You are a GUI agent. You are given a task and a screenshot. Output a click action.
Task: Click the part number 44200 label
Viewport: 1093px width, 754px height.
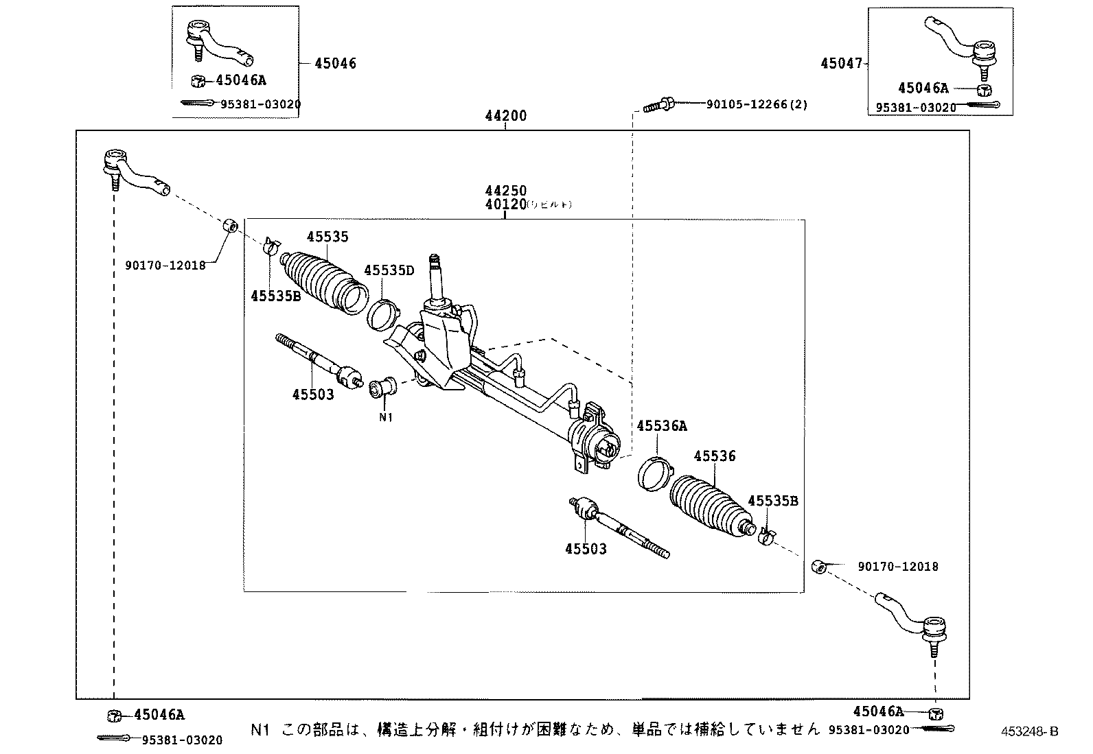click(505, 116)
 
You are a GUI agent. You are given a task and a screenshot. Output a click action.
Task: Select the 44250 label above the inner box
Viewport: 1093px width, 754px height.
click(505, 191)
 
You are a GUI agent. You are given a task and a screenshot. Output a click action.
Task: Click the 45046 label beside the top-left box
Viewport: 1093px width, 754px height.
click(335, 64)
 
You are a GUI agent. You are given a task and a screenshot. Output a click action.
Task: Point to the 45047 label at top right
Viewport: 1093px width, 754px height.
click(841, 64)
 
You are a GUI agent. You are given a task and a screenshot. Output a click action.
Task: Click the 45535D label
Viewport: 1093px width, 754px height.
click(389, 270)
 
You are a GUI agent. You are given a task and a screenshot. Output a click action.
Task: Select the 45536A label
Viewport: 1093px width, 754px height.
click(661, 426)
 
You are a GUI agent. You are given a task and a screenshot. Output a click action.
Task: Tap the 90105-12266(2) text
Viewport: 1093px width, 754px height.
click(757, 105)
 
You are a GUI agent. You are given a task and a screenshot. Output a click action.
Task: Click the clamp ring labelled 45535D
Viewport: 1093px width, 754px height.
click(383, 314)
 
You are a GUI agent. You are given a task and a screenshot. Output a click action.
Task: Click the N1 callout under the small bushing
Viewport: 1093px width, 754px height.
click(385, 416)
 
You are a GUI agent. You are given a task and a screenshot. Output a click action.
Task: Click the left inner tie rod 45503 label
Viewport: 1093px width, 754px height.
click(312, 394)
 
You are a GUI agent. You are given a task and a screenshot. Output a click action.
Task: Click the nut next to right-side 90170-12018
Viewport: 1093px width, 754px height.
click(817, 567)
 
